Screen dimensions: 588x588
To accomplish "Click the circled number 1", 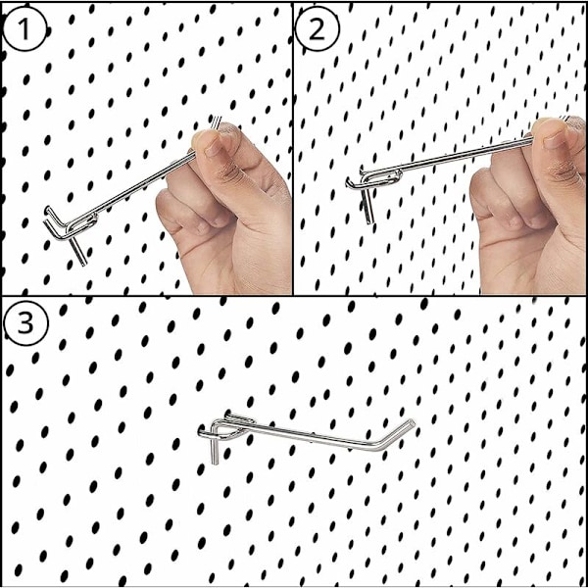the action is [24, 28].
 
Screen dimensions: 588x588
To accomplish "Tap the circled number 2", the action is [318, 28].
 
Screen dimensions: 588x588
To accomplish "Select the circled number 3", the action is [25, 324].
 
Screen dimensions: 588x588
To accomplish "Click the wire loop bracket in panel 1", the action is [82, 222].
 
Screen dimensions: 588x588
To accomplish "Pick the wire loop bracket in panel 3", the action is [235, 427].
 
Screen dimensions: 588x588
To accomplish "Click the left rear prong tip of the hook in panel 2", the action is [348, 182].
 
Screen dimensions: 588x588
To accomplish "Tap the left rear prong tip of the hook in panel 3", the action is [201, 433].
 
